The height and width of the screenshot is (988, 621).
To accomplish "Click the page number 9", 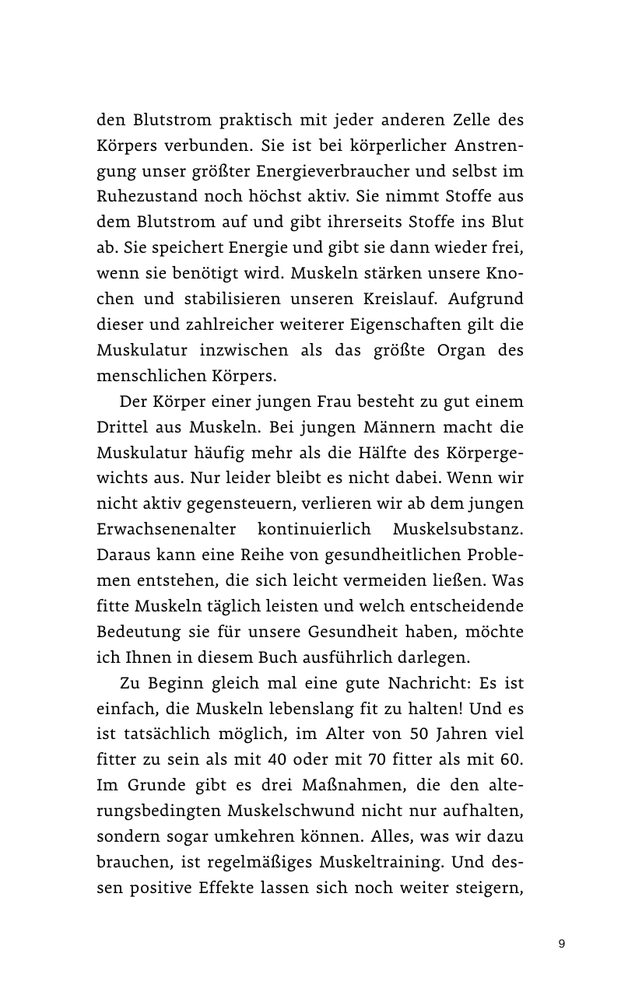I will (x=562, y=944).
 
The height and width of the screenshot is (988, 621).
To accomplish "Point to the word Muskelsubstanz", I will (x=458, y=530).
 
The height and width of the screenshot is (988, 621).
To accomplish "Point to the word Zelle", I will (x=454, y=121).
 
